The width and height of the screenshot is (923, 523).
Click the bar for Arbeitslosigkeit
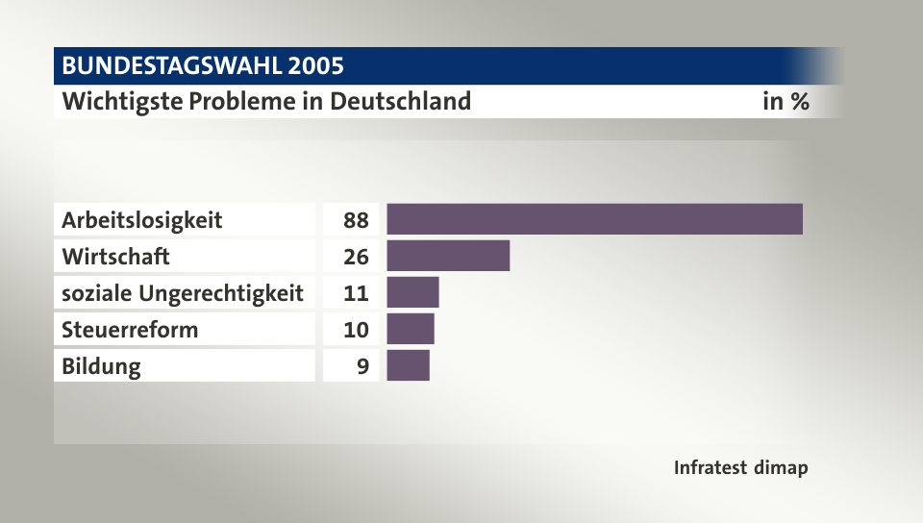pyautogui.click(x=594, y=219)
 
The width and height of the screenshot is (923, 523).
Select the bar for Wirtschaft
pyautogui.click(x=448, y=256)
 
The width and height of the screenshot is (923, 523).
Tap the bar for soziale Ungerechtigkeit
pyautogui.click(x=412, y=292)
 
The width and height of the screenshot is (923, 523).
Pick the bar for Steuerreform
pyautogui.click(x=411, y=329)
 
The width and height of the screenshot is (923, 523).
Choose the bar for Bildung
pyautogui.click(x=408, y=365)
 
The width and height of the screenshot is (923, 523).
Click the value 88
pyautogui.click(x=356, y=220)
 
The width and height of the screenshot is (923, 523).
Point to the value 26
pyautogui.click(x=356, y=257)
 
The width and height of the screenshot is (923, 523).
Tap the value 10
pyautogui.click(x=356, y=330)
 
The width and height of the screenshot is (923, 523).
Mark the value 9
pyautogui.click(x=362, y=366)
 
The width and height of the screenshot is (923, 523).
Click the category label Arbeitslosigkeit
pyautogui.click(x=141, y=220)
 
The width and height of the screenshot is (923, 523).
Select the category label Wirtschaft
pyautogui.click(x=115, y=257)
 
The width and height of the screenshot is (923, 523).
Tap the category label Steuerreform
pyautogui.click(x=130, y=330)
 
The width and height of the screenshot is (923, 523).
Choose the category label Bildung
pyautogui.click(x=101, y=366)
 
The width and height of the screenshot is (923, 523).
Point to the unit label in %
pyautogui.click(x=786, y=101)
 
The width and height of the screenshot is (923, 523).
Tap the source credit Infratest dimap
pyautogui.click(x=740, y=468)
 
